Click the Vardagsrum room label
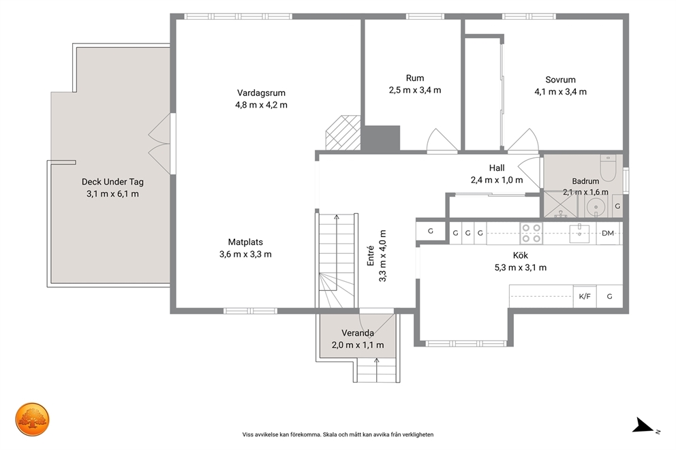(261, 93)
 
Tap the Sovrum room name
(560, 80)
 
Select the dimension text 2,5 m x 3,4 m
(415, 90)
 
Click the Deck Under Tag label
(112, 182)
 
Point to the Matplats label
(245, 242)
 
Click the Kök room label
(521, 255)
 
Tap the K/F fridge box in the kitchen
(585, 296)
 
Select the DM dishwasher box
(608, 234)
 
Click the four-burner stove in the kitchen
(531, 233)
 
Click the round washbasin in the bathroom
(596, 207)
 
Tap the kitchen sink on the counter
(580, 234)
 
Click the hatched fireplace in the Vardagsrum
(343, 133)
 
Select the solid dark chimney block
(380, 138)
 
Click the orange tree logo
(32, 420)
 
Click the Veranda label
(358, 333)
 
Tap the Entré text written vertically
(370, 255)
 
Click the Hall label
(497, 168)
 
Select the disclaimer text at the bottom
(338, 434)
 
